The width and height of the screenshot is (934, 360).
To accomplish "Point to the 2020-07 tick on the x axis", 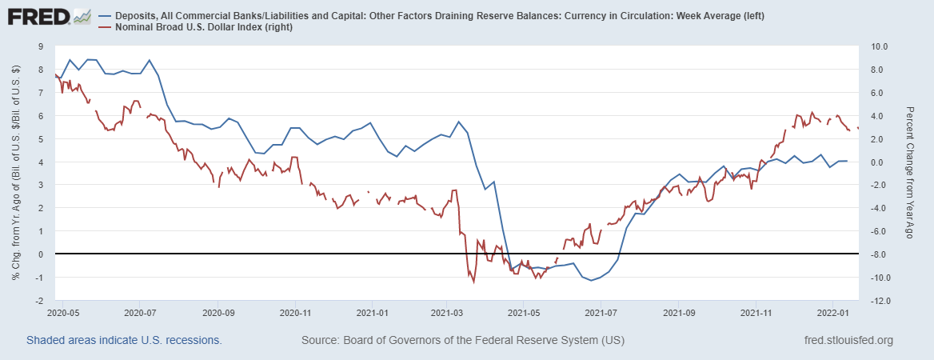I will click(x=139, y=313).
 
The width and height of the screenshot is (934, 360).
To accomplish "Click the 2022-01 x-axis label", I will click(x=832, y=313).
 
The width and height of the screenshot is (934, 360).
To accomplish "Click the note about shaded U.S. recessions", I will click(x=124, y=341).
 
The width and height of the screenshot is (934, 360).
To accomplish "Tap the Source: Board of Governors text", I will click(x=462, y=341).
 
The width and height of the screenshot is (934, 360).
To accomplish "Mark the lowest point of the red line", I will click(x=473, y=282).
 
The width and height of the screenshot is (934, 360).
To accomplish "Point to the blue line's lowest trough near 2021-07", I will click(x=591, y=280).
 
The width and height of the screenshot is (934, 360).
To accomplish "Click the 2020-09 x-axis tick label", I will click(x=218, y=313).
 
